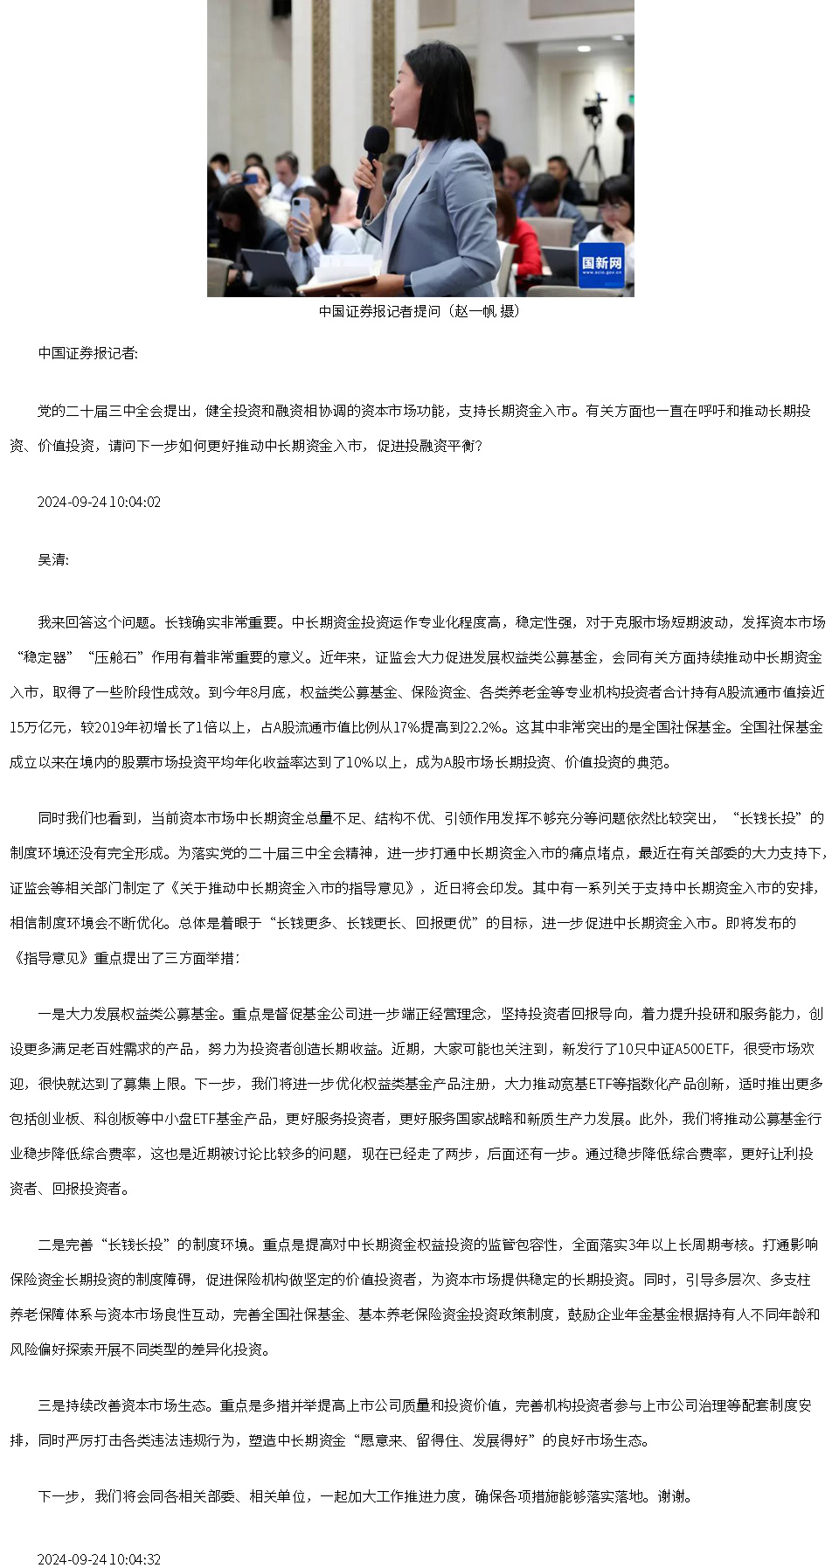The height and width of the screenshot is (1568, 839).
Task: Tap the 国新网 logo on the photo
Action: click(601, 264)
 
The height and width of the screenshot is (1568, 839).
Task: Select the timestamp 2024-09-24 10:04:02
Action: click(99, 503)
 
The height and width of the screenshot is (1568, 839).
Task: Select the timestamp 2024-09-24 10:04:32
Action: click(99, 1559)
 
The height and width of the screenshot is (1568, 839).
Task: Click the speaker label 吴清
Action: click(52, 559)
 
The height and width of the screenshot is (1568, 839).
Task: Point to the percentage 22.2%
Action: click(483, 727)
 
